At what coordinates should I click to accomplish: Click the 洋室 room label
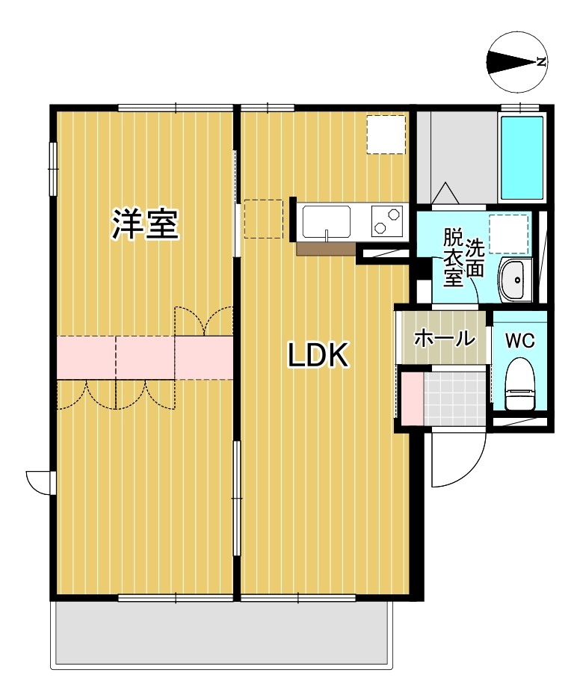pos(146,225)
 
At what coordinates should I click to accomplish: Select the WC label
pos(519,341)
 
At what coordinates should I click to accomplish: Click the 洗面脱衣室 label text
pos(463,259)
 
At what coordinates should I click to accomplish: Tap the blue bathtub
pos(522,157)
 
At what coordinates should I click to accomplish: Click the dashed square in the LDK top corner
pos(386,135)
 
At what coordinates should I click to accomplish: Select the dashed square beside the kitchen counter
pos(263,218)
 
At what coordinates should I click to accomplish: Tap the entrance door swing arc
pos(457,462)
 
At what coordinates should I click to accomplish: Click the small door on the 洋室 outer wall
pos(40,482)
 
